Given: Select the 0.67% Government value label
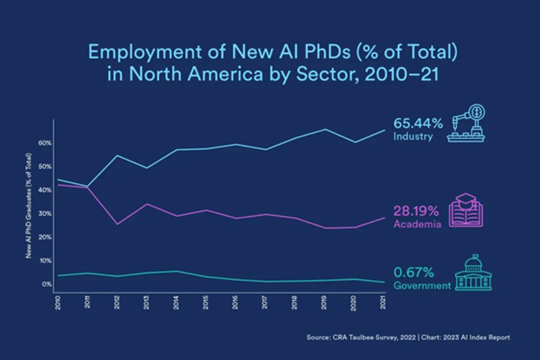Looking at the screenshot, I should (412, 273).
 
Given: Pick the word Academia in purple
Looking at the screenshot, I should (417, 224).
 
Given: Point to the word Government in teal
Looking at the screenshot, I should (422, 285).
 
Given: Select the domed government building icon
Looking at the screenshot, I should (474, 273).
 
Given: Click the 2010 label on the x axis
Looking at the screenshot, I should (58, 300).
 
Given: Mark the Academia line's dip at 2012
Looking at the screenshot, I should (117, 224).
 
